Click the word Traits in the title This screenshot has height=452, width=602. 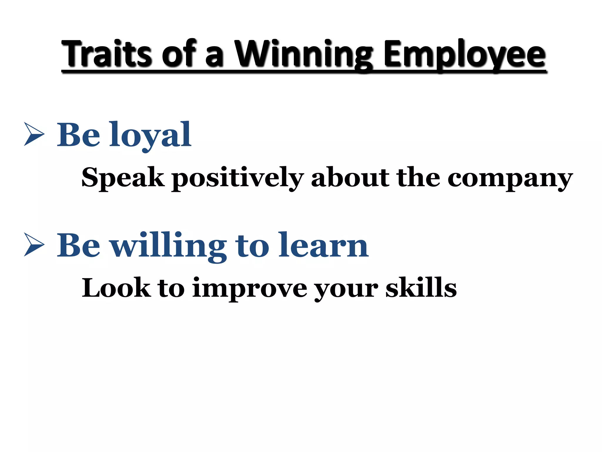tap(108, 54)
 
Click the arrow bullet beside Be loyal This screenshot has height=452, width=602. tap(34, 134)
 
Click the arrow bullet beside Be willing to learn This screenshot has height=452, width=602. tap(34, 245)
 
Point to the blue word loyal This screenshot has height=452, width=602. tap(150, 135)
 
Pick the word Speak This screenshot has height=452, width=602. tap(123, 177)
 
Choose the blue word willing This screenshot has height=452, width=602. tap(168, 246)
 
